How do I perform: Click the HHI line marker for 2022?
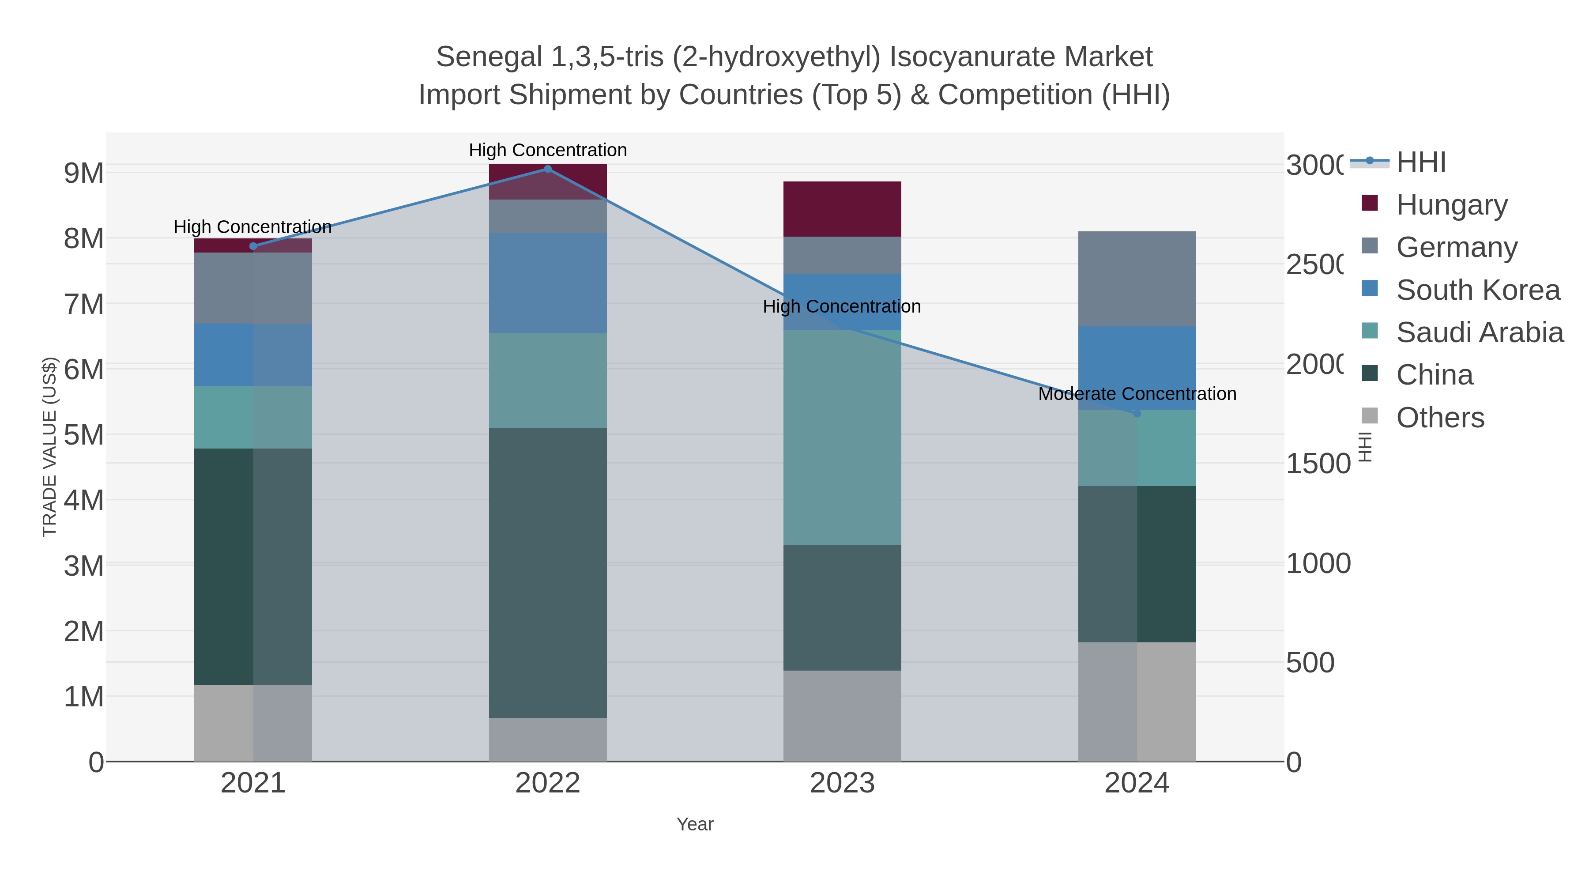(547, 169)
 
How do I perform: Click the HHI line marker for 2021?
(253, 246)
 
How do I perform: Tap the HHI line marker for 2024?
(1137, 413)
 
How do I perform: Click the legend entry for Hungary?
(1451, 204)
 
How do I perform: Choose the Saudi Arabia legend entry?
(1479, 332)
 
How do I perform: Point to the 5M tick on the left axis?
(83, 435)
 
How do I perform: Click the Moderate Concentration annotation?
(1137, 394)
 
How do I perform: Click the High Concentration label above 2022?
(547, 150)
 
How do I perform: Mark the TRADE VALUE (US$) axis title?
(49, 447)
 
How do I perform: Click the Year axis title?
(695, 824)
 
